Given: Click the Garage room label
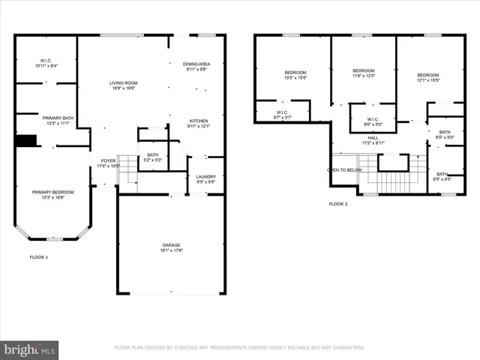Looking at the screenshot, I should tap(172, 247).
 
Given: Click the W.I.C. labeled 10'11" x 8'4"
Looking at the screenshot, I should tap(46, 63).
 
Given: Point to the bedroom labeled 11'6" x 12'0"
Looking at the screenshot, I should tap(364, 73).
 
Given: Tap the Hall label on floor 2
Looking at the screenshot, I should tap(373, 140).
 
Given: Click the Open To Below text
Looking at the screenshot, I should tap(345, 170).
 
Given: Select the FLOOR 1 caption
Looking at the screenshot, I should tap(38, 257).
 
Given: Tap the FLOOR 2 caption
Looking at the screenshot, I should tap(338, 203).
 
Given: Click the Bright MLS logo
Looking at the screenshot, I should tap(29, 349).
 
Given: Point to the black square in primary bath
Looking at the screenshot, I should tap(26, 141).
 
